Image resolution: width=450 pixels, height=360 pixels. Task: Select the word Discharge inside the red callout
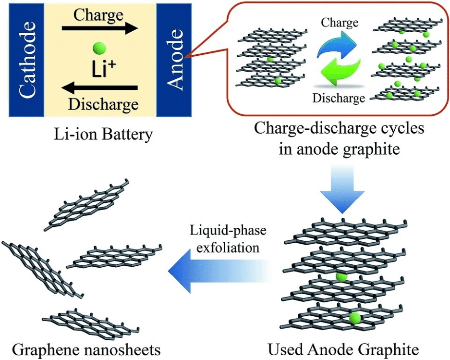[339, 98]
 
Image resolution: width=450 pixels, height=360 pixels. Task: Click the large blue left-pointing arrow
[216, 273]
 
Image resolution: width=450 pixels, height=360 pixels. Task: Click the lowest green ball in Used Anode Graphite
[355, 317]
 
